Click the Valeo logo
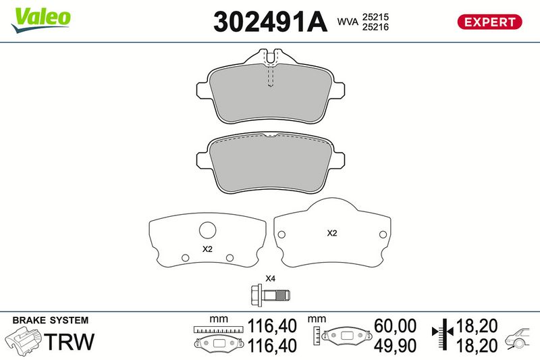click(x=40, y=20)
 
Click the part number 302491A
click(x=270, y=22)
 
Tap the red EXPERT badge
click(x=489, y=22)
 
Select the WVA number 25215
click(x=375, y=17)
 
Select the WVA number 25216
click(x=375, y=27)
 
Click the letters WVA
click(x=348, y=22)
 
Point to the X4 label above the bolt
click(x=270, y=278)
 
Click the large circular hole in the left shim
click(x=208, y=230)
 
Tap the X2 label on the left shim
click(x=207, y=249)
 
